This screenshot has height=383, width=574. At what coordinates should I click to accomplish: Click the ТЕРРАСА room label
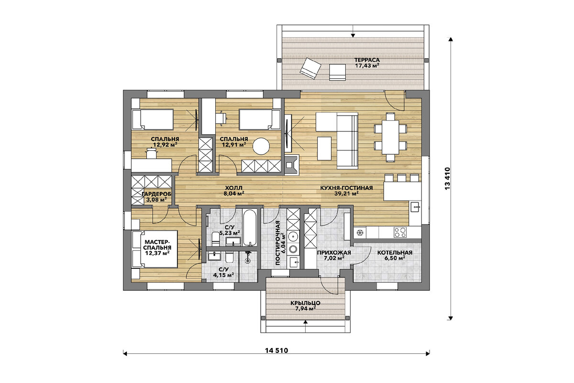click(x=367, y=60)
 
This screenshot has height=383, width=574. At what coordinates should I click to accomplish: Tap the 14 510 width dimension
click(x=276, y=350)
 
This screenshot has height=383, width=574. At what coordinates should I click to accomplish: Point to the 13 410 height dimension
click(x=447, y=179)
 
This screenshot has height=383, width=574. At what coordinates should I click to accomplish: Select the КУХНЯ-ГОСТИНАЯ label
click(x=346, y=188)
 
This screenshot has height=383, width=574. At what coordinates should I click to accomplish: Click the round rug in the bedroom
click(x=261, y=146)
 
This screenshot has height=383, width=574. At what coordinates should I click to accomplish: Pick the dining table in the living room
click(x=390, y=138)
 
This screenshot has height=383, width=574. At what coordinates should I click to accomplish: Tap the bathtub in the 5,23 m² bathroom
click(x=249, y=227)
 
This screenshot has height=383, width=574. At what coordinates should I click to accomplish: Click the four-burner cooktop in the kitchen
click(x=400, y=232)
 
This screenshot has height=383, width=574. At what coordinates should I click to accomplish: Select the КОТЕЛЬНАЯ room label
click(x=395, y=253)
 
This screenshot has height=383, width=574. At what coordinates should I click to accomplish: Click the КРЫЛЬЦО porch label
click(x=305, y=303)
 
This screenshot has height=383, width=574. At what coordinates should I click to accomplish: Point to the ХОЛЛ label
click(x=233, y=188)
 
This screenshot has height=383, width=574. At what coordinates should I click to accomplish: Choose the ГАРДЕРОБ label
click(x=156, y=194)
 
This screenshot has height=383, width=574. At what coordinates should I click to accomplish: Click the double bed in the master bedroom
click(x=155, y=249)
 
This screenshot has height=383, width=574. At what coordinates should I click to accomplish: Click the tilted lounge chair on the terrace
click(x=310, y=68)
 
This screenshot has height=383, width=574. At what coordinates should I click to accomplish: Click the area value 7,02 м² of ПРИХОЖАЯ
click(x=334, y=258)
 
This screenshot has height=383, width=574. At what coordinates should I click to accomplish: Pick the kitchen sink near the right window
click(x=415, y=206)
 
